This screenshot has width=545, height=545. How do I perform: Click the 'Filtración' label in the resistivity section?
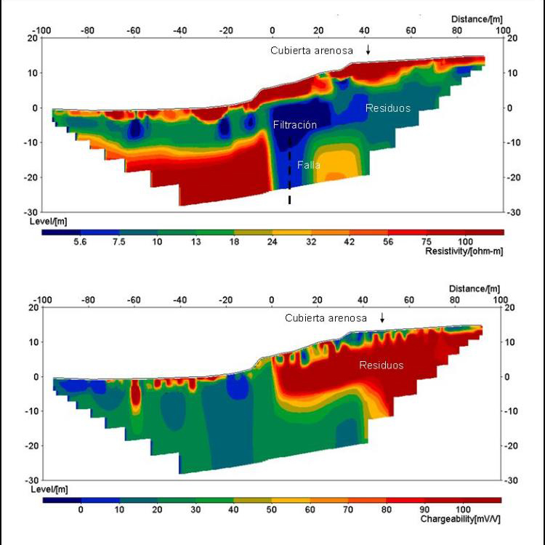click(x=295, y=125)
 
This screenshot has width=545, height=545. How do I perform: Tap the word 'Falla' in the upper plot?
click(x=309, y=166)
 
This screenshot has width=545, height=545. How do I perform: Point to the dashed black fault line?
click(x=290, y=174)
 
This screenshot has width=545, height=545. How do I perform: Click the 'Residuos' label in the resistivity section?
click(x=388, y=108)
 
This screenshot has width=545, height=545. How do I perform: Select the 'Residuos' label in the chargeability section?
click(x=381, y=365)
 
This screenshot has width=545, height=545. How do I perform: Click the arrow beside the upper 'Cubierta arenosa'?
click(x=368, y=50)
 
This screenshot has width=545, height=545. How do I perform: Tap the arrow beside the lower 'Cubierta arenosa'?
click(x=382, y=318)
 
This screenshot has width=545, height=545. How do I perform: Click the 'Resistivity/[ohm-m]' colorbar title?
click(x=463, y=250)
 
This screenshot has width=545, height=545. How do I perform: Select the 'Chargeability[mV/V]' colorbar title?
click(x=460, y=520)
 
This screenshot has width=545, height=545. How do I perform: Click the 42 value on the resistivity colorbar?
click(x=350, y=242)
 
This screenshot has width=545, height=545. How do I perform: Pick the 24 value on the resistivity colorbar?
click(x=272, y=242)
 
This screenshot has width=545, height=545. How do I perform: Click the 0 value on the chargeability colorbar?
click(x=81, y=510)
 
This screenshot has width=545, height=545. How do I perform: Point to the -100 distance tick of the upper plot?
click(x=42, y=31)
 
